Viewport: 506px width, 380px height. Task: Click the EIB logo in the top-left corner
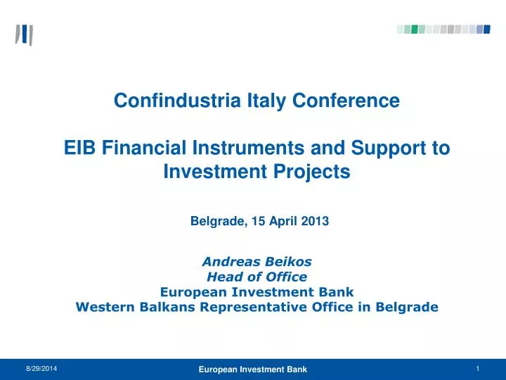(x=24, y=34)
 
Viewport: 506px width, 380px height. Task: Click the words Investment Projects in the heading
(x=257, y=171)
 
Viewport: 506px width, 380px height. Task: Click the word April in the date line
(x=283, y=221)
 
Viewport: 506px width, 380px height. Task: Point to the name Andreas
(x=228, y=261)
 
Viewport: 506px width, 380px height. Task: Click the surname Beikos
(x=286, y=261)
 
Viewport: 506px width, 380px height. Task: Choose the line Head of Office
(x=257, y=277)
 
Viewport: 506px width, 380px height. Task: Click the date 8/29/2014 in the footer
(x=43, y=369)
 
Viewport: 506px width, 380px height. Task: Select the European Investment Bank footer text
(x=252, y=369)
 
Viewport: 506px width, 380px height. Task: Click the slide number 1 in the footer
(x=477, y=369)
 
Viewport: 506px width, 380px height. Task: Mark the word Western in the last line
(x=103, y=307)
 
